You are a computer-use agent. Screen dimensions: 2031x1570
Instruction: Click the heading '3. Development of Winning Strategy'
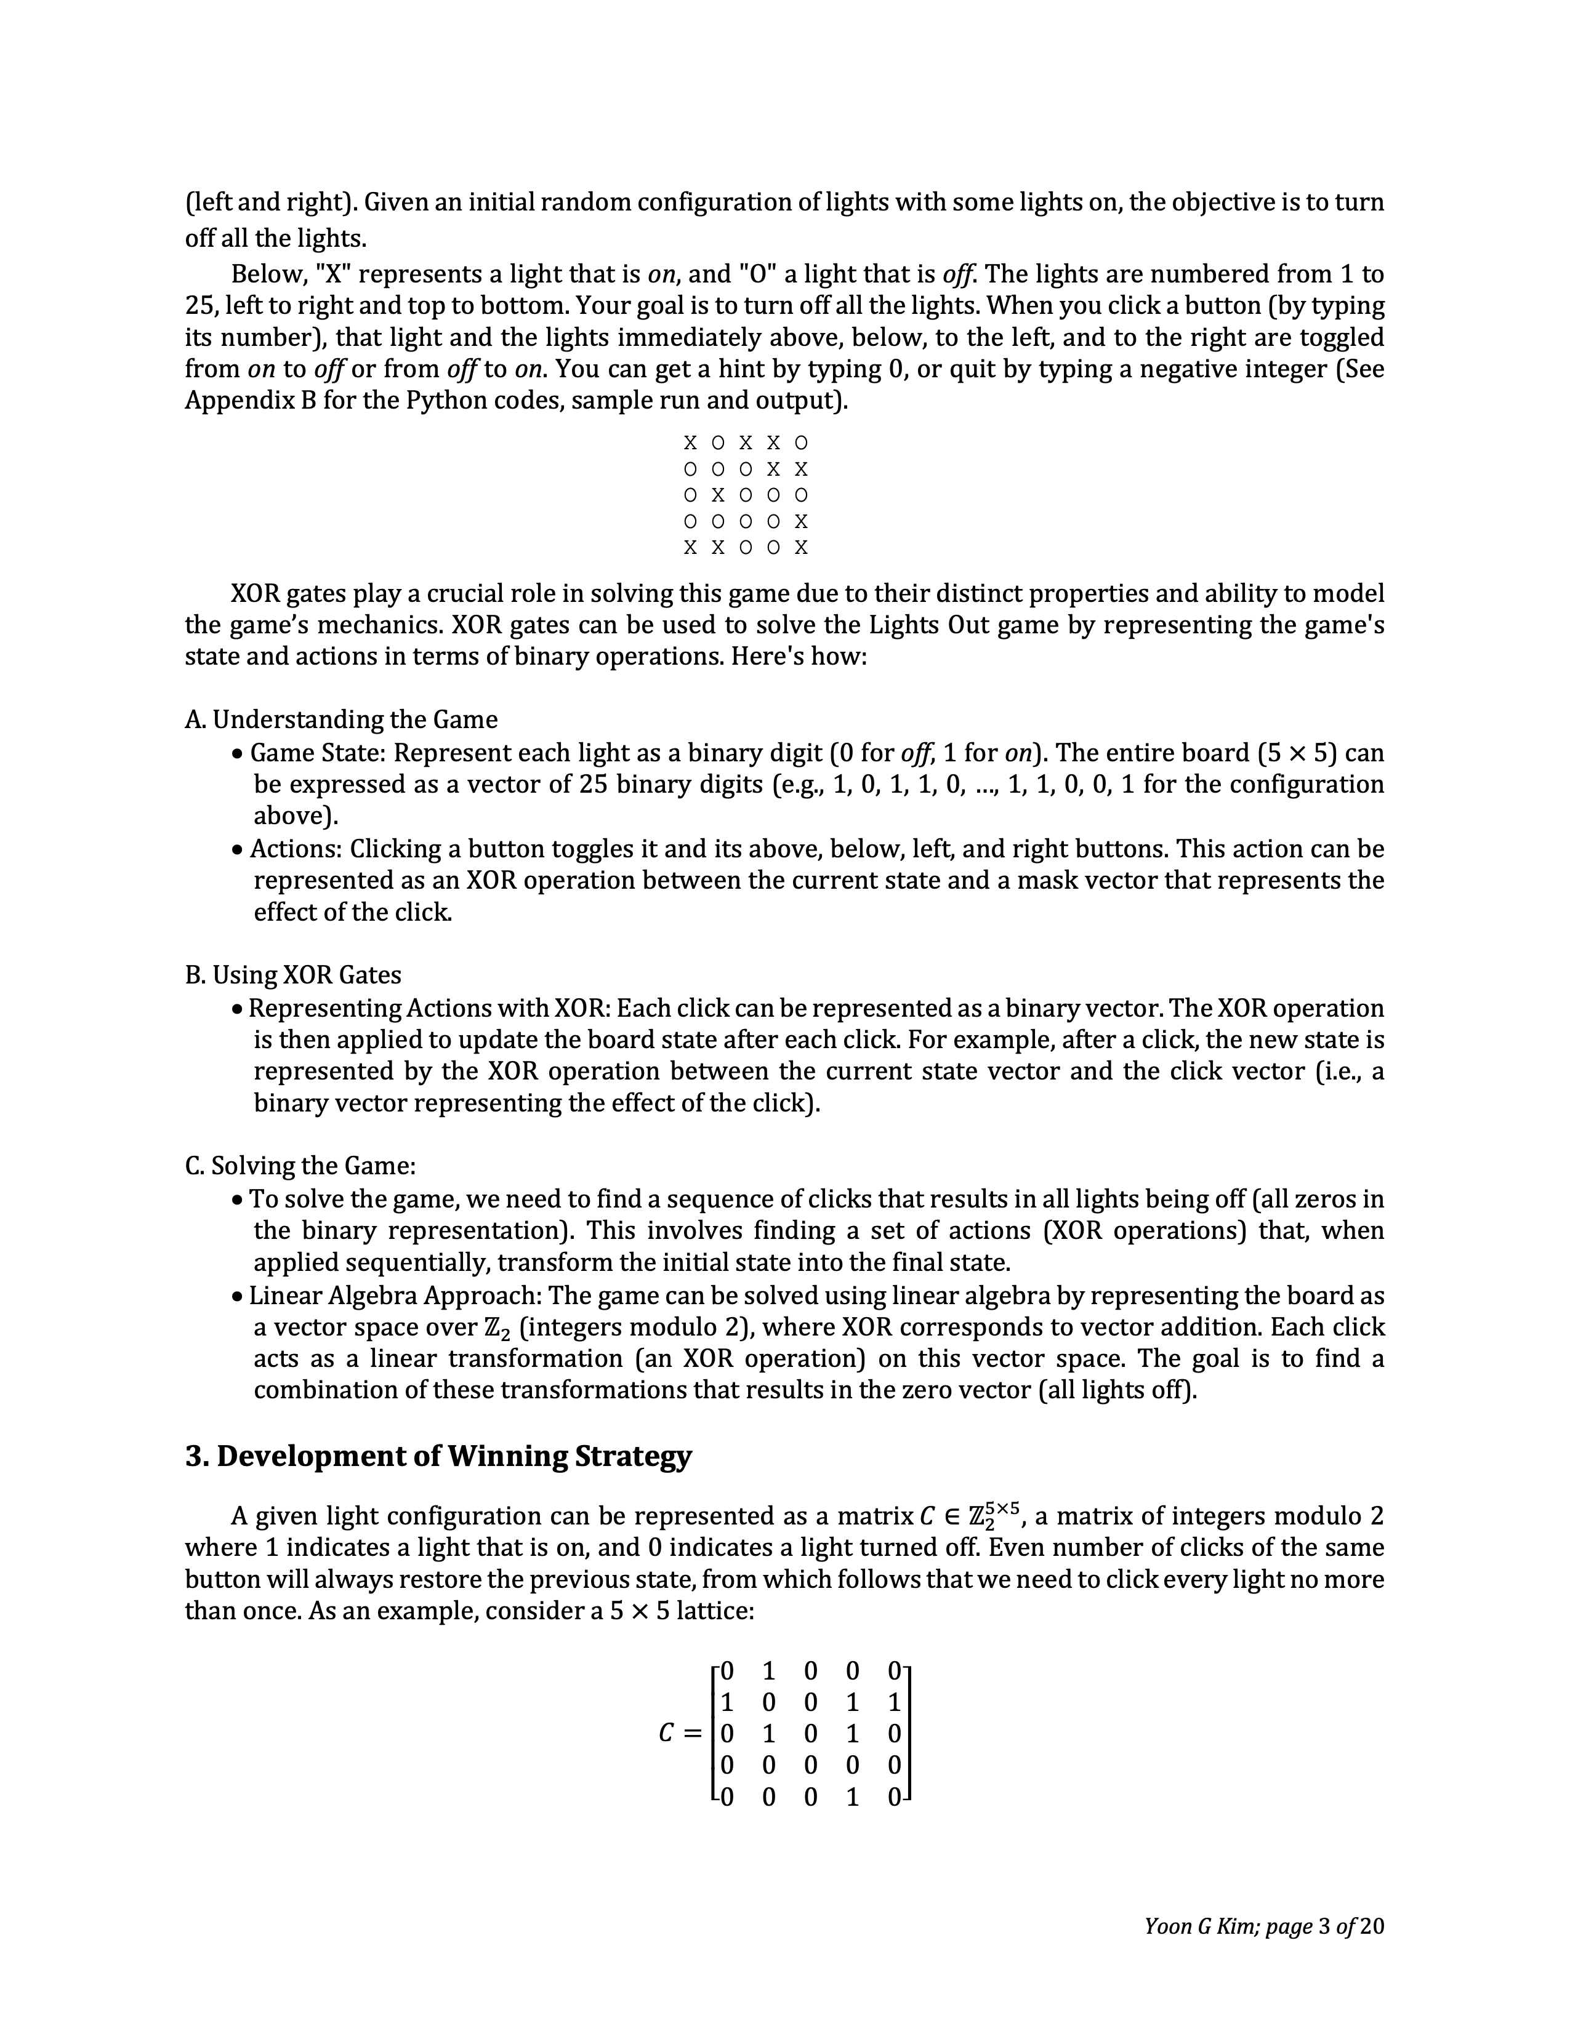[x=438, y=1456]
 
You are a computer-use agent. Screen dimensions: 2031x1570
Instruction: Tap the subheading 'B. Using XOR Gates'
[x=293, y=975]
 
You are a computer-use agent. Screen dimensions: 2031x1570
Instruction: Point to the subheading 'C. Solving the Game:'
[x=300, y=1165]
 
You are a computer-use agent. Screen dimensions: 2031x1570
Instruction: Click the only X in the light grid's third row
[x=718, y=495]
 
